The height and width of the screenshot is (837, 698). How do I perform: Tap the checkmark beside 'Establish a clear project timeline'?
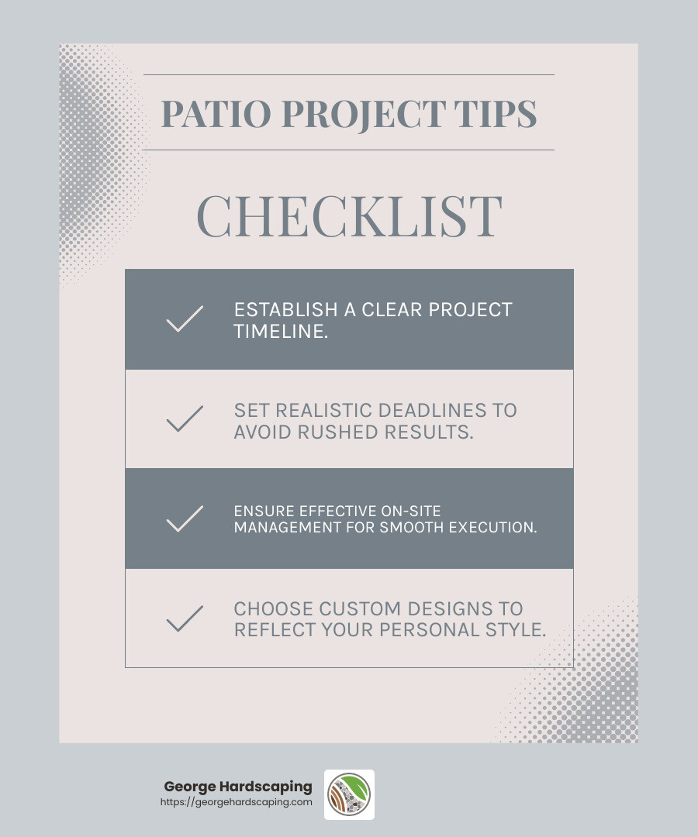pos(185,319)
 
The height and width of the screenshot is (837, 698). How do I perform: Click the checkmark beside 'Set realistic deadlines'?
pos(185,419)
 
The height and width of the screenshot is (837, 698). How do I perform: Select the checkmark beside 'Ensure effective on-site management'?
pos(185,518)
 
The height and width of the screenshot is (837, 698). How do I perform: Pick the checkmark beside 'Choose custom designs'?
pos(185,618)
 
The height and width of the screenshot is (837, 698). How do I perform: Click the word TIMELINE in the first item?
pos(277,331)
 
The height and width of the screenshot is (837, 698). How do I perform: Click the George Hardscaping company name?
pos(237,787)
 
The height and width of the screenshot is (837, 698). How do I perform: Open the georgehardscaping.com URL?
pos(236,803)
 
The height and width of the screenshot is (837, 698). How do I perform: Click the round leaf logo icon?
pos(349,794)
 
